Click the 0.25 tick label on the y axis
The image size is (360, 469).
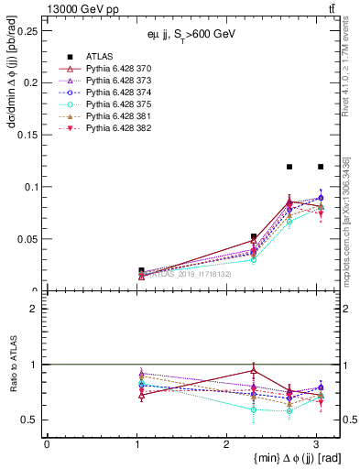click(x=27, y=30)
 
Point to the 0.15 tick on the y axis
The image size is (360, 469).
click(x=27, y=135)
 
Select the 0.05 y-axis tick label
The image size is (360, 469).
click(x=27, y=239)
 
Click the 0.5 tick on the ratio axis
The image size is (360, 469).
click(x=30, y=420)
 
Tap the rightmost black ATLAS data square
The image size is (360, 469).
click(x=321, y=167)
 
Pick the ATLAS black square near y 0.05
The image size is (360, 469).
click(x=254, y=236)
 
